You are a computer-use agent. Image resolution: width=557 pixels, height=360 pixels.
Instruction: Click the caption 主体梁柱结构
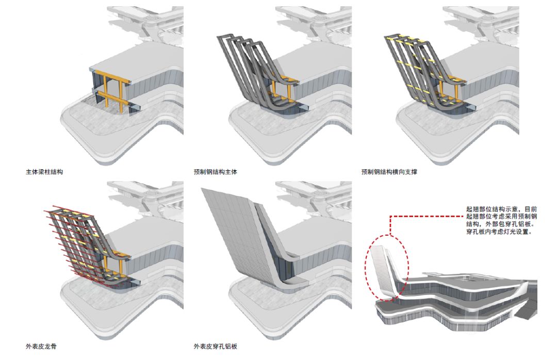[44, 171]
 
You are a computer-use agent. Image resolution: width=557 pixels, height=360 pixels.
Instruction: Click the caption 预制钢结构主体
[216, 171]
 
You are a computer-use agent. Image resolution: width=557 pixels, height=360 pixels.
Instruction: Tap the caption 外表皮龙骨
[41, 346]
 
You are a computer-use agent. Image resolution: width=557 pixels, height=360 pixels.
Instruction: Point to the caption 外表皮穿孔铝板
[216, 346]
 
